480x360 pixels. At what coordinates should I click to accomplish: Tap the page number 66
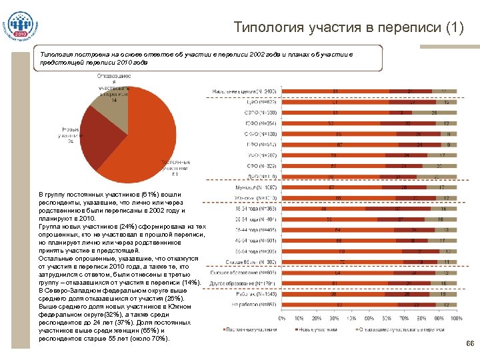[469, 344]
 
